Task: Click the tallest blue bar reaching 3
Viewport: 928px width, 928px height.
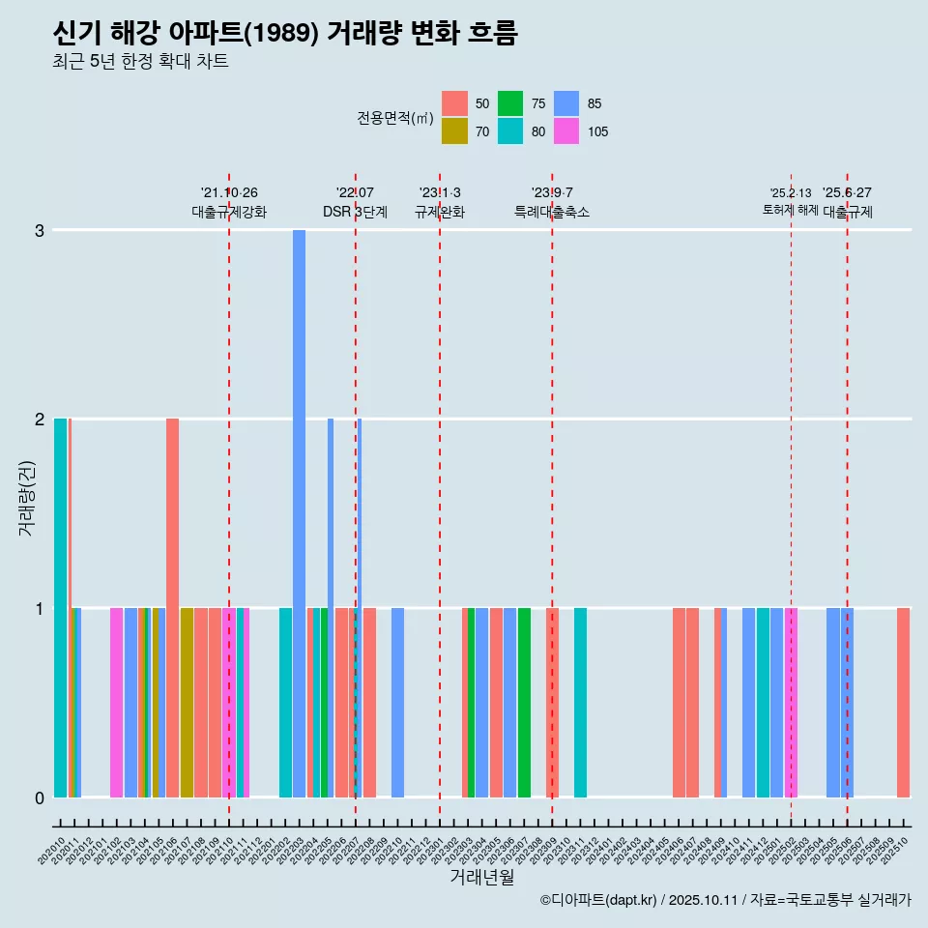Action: click(299, 512)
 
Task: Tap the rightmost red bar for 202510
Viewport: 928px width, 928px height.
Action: click(903, 703)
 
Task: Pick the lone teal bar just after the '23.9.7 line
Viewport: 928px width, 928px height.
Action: click(580, 703)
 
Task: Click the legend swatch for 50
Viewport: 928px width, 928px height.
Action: click(454, 103)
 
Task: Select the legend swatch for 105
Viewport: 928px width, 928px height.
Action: click(566, 131)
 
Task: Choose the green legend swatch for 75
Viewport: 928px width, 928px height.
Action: click(510, 103)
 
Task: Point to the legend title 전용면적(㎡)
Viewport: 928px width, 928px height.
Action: click(394, 118)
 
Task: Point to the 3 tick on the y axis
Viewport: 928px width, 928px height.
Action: click(40, 230)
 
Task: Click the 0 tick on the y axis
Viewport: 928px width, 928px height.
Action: click(40, 797)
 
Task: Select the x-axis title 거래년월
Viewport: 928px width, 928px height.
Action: click(481, 878)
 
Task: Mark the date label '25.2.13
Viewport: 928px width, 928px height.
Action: click(791, 193)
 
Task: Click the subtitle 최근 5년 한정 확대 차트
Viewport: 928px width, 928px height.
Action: click(141, 62)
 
